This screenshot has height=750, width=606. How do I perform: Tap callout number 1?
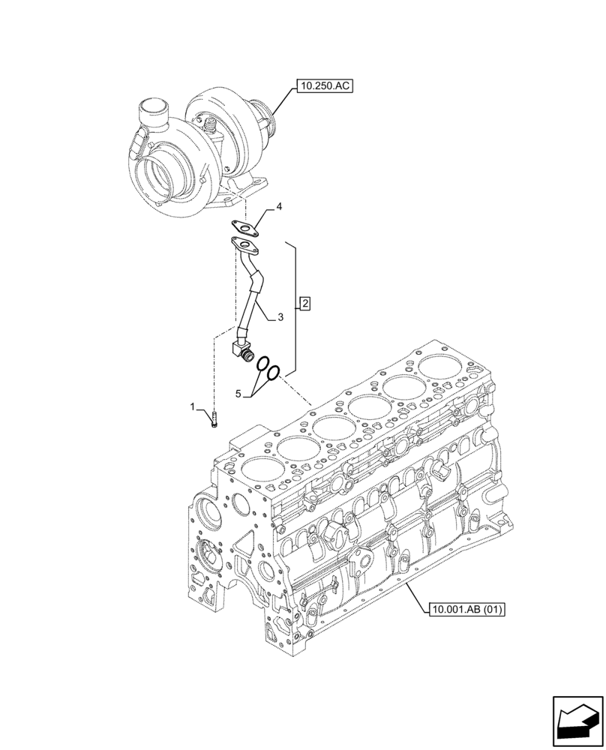tap(193, 406)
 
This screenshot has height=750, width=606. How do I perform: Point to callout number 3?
tap(280, 318)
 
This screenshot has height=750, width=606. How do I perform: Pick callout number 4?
tap(278, 205)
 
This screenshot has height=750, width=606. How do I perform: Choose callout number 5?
tap(239, 393)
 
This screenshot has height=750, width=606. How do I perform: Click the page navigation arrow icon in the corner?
tap(575, 720)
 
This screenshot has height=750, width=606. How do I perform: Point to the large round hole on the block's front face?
tap(209, 515)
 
